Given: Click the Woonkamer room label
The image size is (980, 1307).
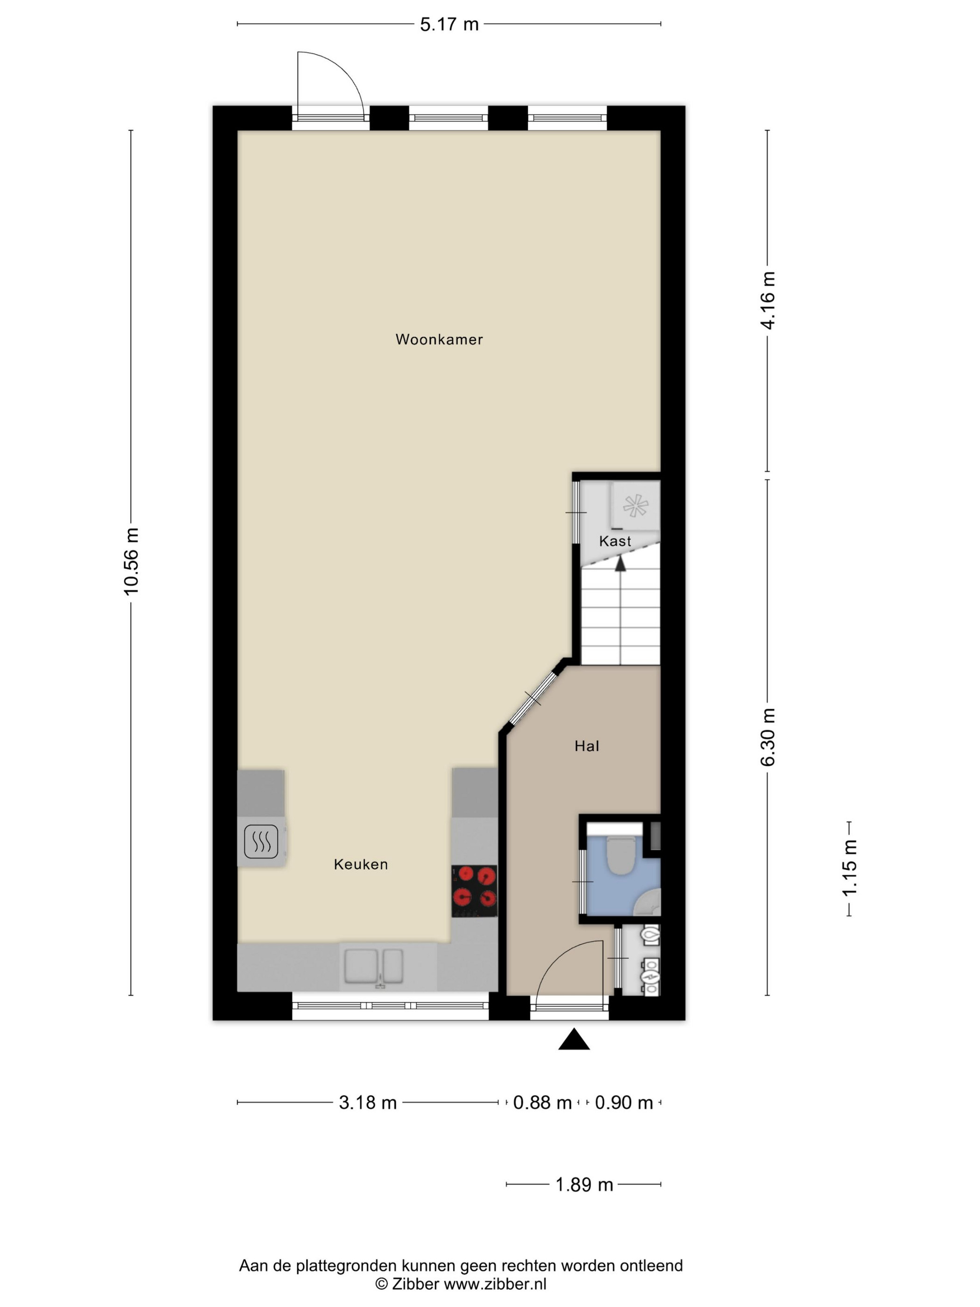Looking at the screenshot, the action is tap(439, 339).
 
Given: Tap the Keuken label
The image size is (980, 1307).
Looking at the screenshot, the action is tap(361, 864).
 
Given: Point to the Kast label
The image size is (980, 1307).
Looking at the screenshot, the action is tap(615, 541).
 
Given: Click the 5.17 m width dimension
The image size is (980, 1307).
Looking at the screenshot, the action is tap(449, 24).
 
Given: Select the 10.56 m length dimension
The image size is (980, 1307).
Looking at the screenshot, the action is tap(131, 562).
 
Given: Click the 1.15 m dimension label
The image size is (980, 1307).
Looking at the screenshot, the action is tap(849, 868).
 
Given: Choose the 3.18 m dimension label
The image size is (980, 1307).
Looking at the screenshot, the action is tap(367, 1103).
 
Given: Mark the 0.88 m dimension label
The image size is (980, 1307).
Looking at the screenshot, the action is tap(542, 1103).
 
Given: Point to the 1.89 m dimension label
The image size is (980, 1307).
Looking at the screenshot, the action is tap(584, 1185).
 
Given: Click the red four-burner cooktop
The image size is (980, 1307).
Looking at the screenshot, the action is tap(474, 891).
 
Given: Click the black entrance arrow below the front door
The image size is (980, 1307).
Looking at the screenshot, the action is tap(574, 1040).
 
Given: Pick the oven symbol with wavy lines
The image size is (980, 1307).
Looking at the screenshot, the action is tap(261, 842).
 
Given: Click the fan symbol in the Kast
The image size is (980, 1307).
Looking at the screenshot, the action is tap(636, 506).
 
